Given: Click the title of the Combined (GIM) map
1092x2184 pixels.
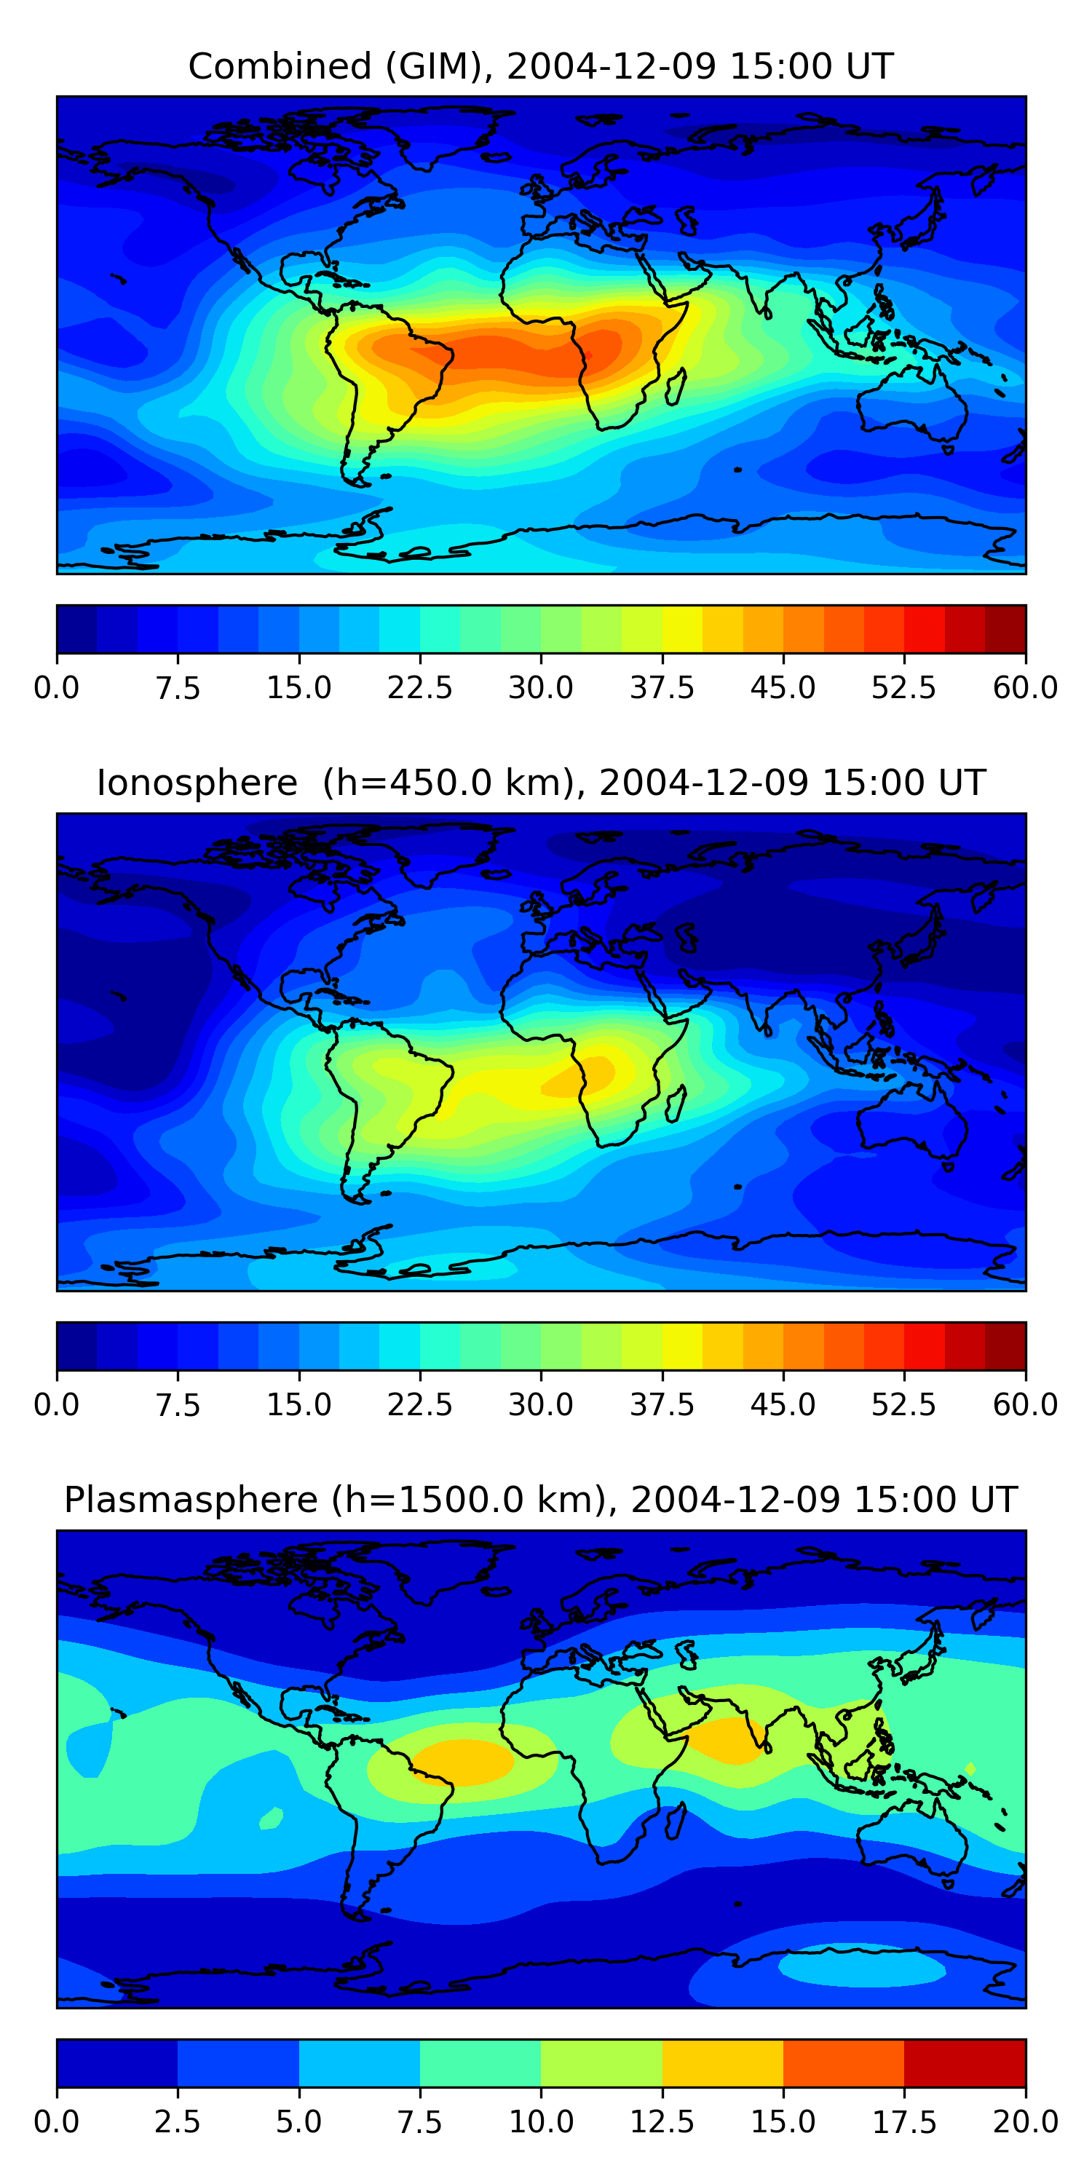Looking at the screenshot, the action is (x=541, y=66).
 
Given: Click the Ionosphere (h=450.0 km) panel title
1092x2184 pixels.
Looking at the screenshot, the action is (x=541, y=783).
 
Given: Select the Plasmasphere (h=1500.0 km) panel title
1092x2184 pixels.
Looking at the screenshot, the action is (x=541, y=1500).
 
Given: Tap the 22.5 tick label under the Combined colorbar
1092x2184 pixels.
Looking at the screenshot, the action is (x=419, y=687).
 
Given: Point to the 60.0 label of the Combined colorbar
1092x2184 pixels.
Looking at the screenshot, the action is (x=1025, y=687).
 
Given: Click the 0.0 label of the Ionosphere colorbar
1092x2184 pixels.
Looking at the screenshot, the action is (x=57, y=1405).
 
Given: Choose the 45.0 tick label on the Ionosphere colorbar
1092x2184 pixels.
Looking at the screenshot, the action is (x=783, y=1405).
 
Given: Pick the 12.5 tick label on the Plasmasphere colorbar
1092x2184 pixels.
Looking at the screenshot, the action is (x=661, y=2122).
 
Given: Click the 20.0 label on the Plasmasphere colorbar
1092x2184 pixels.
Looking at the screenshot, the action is (x=1025, y=2122).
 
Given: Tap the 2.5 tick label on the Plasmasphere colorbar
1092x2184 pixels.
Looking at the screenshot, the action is (x=177, y=2122).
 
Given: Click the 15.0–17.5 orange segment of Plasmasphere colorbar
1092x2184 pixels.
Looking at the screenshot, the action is (x=844, y=2062).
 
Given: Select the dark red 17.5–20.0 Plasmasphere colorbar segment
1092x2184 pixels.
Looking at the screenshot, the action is (x=965, y=2062).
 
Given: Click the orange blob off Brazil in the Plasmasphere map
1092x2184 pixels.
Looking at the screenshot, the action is (x=462, y=1762).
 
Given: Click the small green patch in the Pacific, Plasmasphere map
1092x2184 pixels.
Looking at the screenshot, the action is (x=272, y=1819).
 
